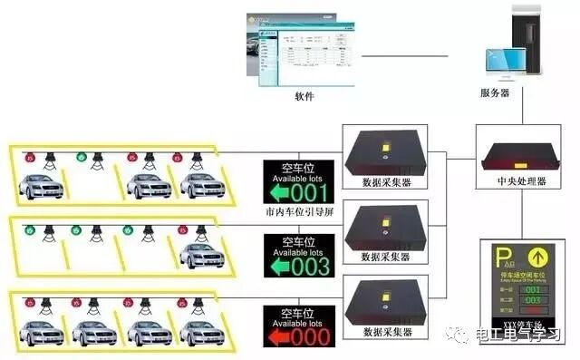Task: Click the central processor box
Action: [521, 153]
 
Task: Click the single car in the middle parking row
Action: [201, 256]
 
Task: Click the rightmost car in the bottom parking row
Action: [201, 330]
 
